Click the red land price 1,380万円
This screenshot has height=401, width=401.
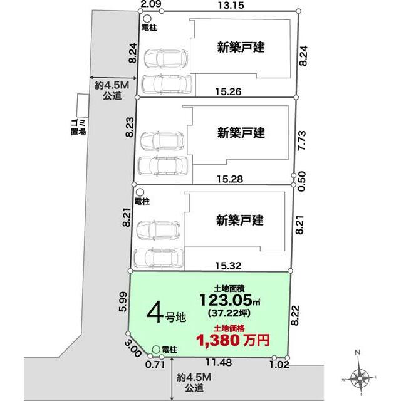click(x=233, y=340)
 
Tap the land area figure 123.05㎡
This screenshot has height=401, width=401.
click(x=230, y=300)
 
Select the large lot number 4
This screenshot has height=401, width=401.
click(x=155, y=315)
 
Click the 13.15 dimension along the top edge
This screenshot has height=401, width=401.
click(x=231, y=5)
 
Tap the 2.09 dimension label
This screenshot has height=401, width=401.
click(x=151, y=4)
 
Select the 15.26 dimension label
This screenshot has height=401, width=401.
click(x=228, y=91)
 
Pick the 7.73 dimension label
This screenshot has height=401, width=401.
click(x=302, y=140)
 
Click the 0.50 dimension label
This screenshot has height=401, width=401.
click(x=302, y=181)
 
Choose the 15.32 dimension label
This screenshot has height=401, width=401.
click(x=228, y=266)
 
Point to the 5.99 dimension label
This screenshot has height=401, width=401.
click(x=123, y=301)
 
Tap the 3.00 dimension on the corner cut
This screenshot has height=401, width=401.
click(x=133, y=349)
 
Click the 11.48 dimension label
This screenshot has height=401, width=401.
click(x=219, y=362)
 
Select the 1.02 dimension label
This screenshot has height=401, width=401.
click(x=279, y=365)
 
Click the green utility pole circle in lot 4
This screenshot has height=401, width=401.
click(x=156, y=350)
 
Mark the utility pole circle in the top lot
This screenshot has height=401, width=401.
click(x=147, y=19)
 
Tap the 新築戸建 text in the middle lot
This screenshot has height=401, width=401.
click(x=241, y=133)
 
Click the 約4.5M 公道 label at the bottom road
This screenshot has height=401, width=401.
click(x=194, y=383)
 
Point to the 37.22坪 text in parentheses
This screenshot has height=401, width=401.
click(x=229, y=313)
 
